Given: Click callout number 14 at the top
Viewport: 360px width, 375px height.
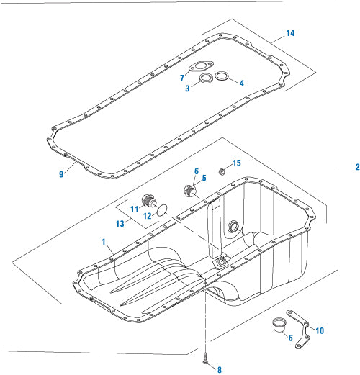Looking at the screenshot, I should click(291, 33).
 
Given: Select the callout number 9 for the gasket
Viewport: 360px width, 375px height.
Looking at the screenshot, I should click(62, 172).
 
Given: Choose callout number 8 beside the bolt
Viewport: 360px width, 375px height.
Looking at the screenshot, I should click(220, 369).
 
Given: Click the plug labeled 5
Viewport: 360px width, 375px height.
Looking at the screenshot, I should click(189, 191).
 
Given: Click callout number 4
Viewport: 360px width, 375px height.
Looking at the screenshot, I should click(241, 83).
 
